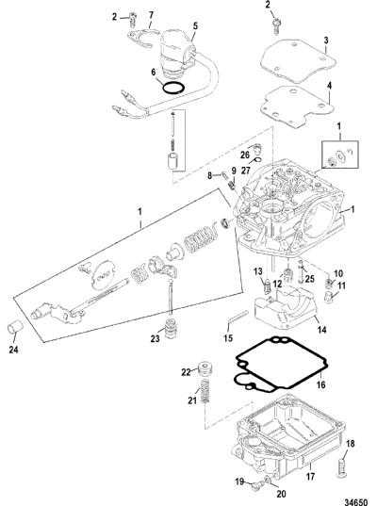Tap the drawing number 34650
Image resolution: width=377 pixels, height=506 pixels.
tap(355, 502)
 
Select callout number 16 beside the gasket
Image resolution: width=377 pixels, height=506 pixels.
tap(321, 384)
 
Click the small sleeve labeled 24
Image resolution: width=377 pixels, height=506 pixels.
tap(15, 326)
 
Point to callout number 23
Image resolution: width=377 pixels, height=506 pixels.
tap(155, 338)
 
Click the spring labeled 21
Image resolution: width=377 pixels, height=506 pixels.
tap(205, 391)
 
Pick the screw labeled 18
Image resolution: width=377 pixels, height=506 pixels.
tap(343, 467)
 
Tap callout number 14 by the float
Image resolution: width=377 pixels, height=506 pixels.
tap(321, 330)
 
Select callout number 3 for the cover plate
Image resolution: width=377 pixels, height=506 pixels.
tap(326, 41)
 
